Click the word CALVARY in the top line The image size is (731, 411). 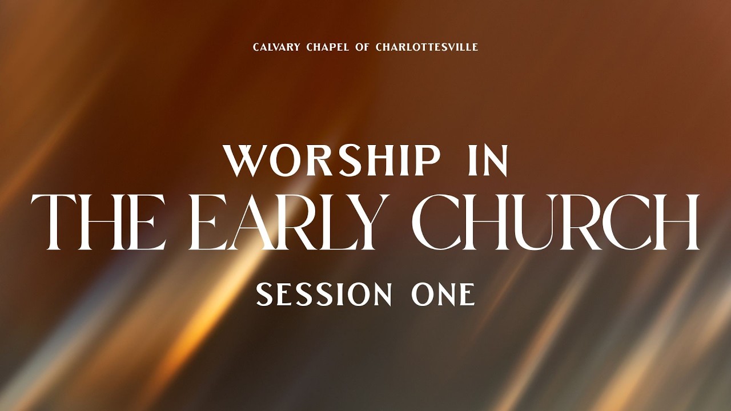[x=275, y=47]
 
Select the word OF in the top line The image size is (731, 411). [x=362, y=47]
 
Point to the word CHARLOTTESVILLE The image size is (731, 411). [x=427, y=47]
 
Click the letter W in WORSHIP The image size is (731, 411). [x=247, y=160]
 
